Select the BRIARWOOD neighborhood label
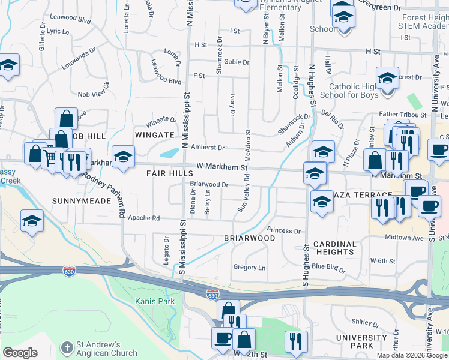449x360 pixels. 249,238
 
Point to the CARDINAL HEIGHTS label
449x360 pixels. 334,248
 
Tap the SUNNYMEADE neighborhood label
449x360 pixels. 82,201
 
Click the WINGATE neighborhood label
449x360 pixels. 154,136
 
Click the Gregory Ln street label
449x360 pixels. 249,268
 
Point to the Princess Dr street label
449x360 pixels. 283,230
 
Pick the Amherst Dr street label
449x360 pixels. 207,148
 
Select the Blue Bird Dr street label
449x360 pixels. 329,268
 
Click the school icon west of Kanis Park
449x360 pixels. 32,221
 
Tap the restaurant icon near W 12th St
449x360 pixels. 295,341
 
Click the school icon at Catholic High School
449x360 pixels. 387,78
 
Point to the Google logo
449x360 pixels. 20,353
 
